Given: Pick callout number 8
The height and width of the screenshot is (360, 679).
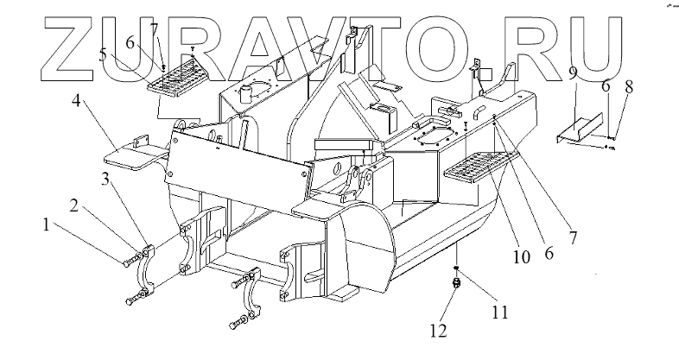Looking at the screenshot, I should [629, 86].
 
